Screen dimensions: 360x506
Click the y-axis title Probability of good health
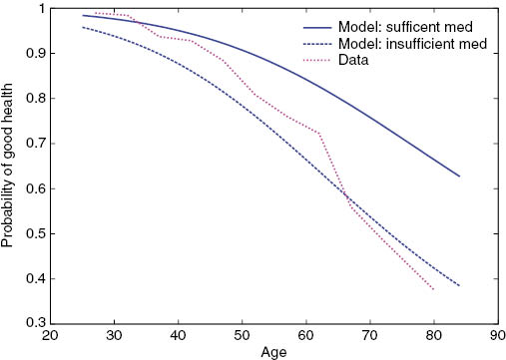click(9, 166)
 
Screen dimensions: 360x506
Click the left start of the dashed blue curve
click(82, 27)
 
